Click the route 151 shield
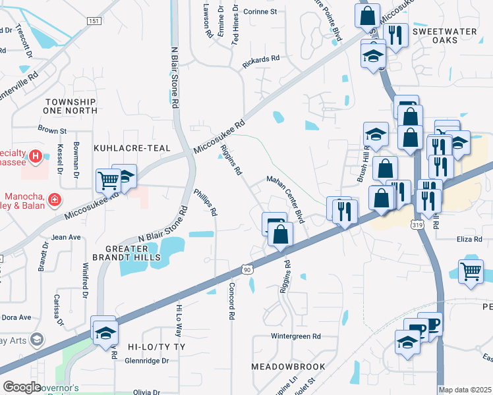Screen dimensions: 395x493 [93, 21]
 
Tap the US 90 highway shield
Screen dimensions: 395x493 [246, 269]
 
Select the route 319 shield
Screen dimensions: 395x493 [417, 226]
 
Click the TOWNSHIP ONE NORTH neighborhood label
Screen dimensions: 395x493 [70, 107]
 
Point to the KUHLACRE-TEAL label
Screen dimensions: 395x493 [132, 149]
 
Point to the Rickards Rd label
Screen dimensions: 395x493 [261, 59]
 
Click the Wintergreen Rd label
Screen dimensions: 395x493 [296, 336]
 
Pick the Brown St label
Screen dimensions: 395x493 [53, 130]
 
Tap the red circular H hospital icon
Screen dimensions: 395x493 [36, 157]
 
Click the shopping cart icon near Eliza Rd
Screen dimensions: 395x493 [471, 271]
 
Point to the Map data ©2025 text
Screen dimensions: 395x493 [465, 390]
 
